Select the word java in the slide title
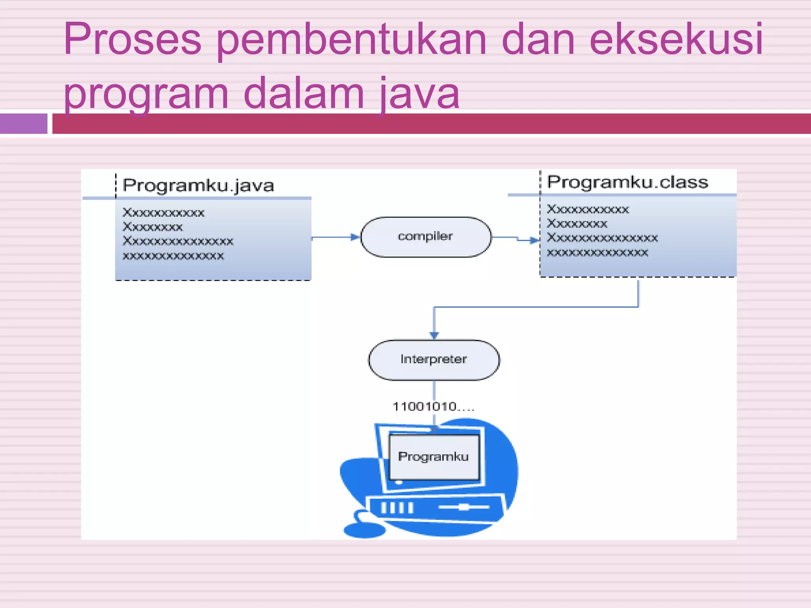pos(420,94)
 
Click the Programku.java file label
pos(198,185)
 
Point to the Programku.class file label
pos(627,182)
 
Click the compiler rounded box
pos(426,237)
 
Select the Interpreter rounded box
pos(434,359)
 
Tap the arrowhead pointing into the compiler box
pos(355,237)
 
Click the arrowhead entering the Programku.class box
pos(534,240)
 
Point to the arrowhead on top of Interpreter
pos(434,335)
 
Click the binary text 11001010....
pos(432,407)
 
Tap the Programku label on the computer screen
pos(433,456)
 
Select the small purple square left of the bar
pos(24,123)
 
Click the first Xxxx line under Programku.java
pos(164,213)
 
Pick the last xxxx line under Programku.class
pos(597,253)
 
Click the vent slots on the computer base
pos(397,507)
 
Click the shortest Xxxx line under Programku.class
pos(577,224)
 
